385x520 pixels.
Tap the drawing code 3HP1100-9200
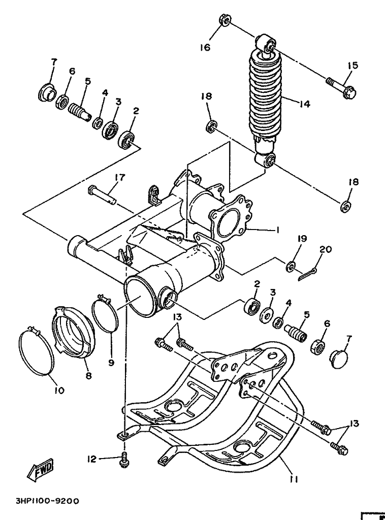[x=47, y=501]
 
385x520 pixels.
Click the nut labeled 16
[x=224, y=20]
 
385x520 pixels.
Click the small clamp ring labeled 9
[x=105, y=311]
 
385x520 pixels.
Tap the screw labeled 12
[x=124, y=459]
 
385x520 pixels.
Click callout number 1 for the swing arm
[x=277, y=229]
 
